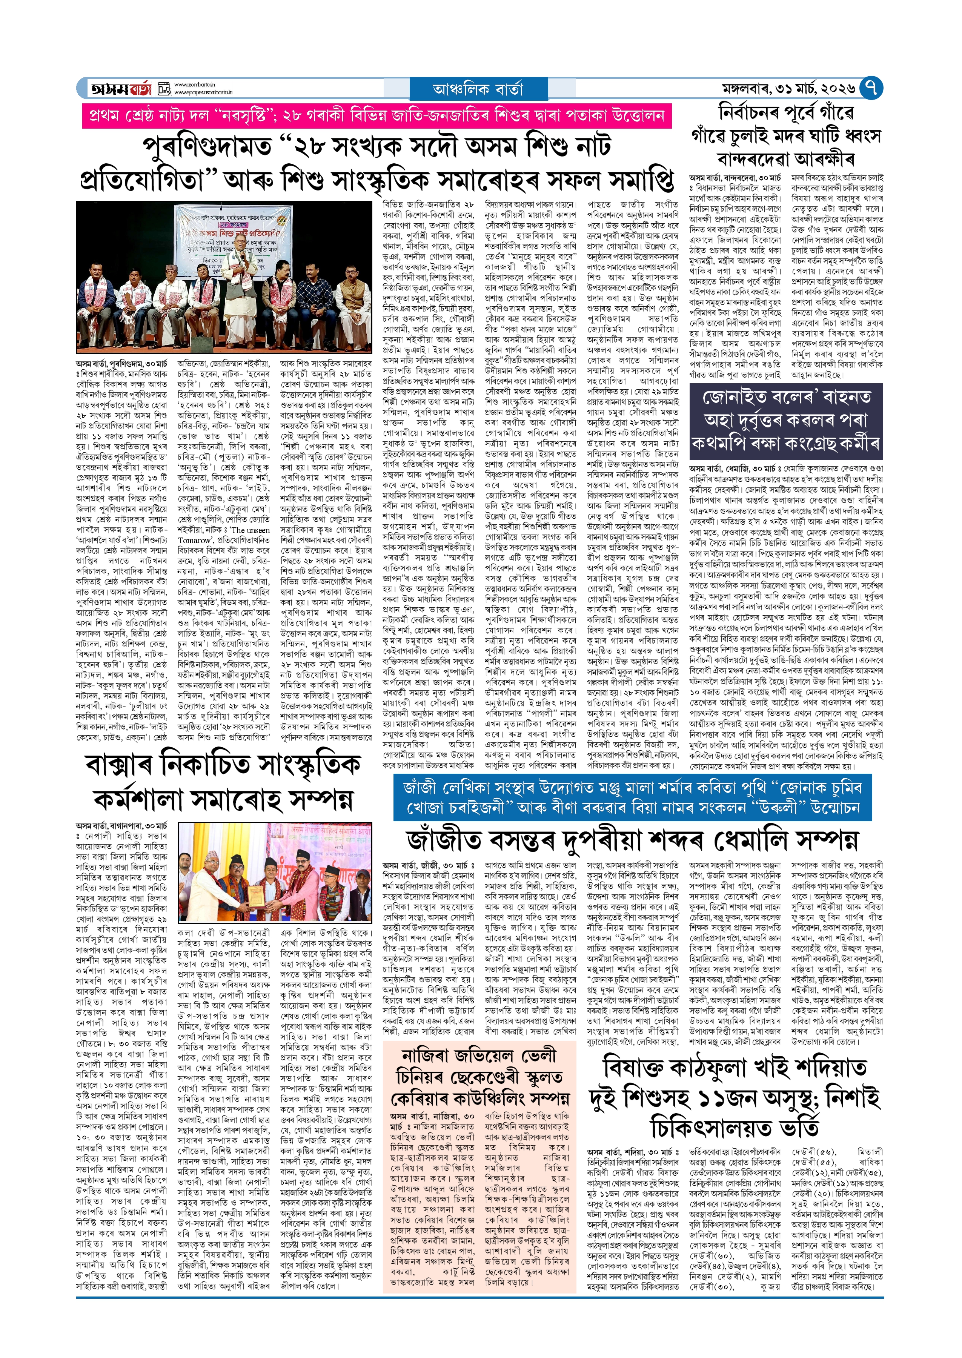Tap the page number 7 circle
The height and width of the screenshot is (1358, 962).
tap(870, 88)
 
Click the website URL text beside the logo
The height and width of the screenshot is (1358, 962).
tap(203, 89)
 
